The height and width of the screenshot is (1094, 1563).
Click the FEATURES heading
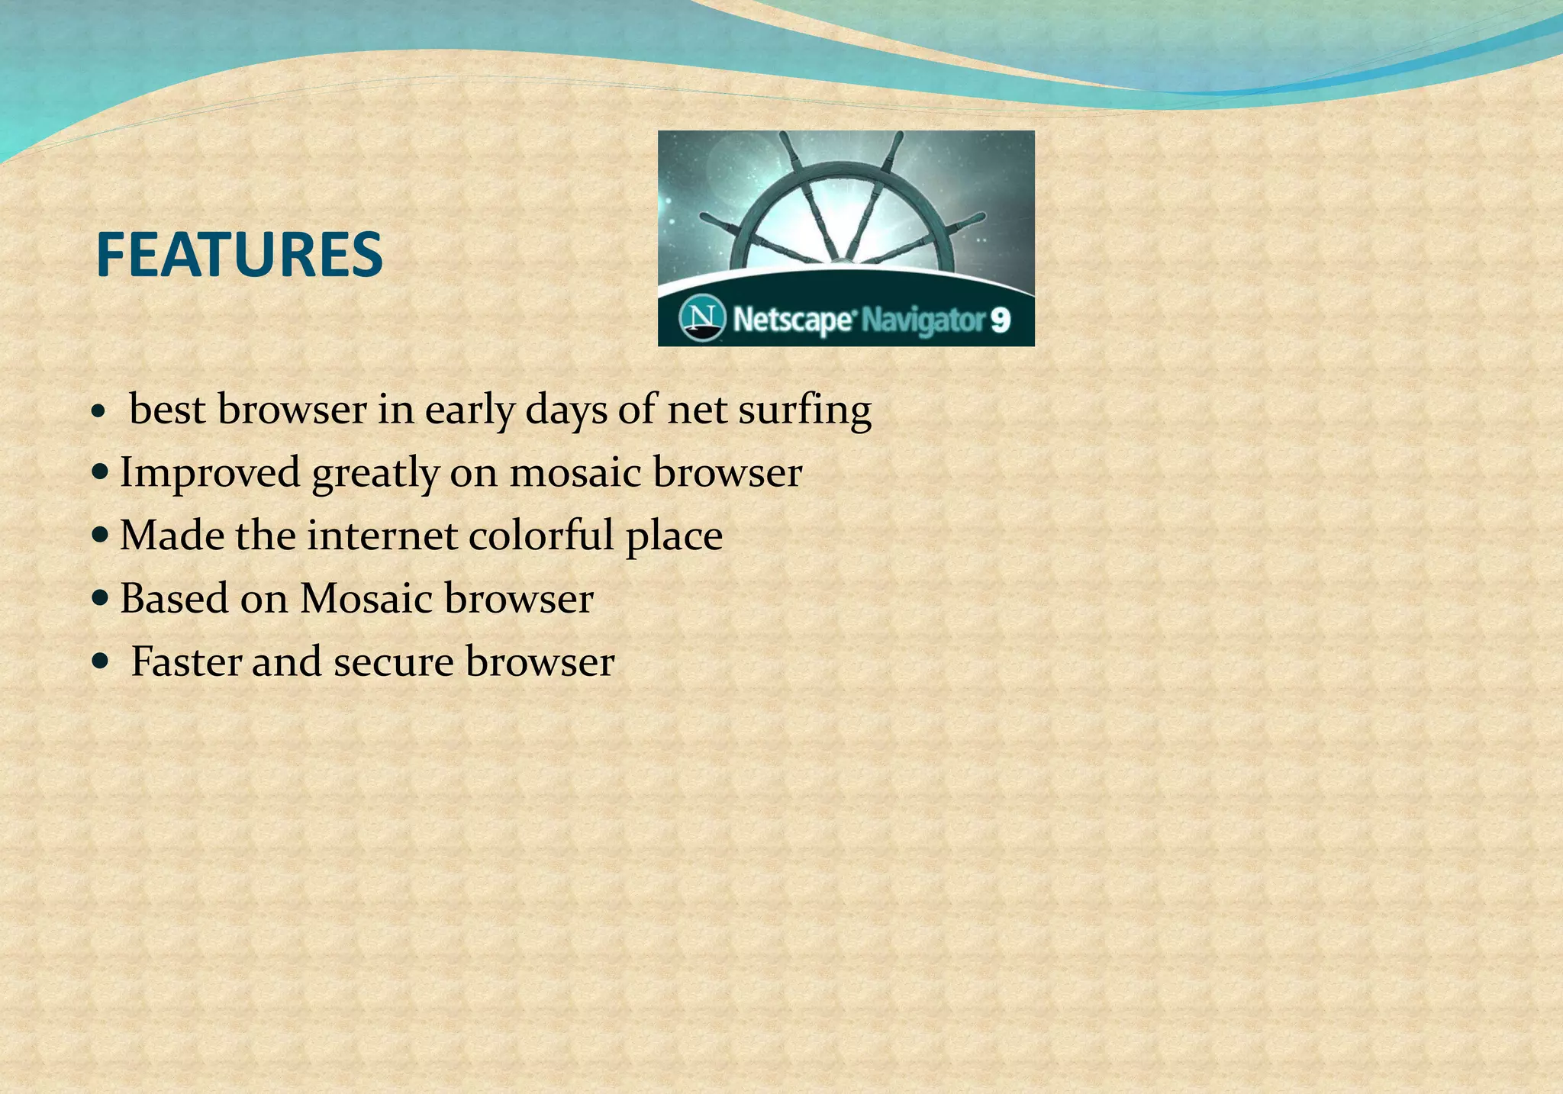coord(239,255)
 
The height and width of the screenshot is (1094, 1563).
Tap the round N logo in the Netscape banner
coord(701,318)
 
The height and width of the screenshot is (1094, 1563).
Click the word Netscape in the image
coord(791,320)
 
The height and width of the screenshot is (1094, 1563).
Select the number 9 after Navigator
coord(1001,320)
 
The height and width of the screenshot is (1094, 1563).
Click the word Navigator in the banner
coord(923,320)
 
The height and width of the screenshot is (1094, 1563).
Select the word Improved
coord(210,473)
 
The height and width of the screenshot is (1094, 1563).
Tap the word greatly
coord(375,474)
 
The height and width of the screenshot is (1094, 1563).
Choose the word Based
coord(174,598)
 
